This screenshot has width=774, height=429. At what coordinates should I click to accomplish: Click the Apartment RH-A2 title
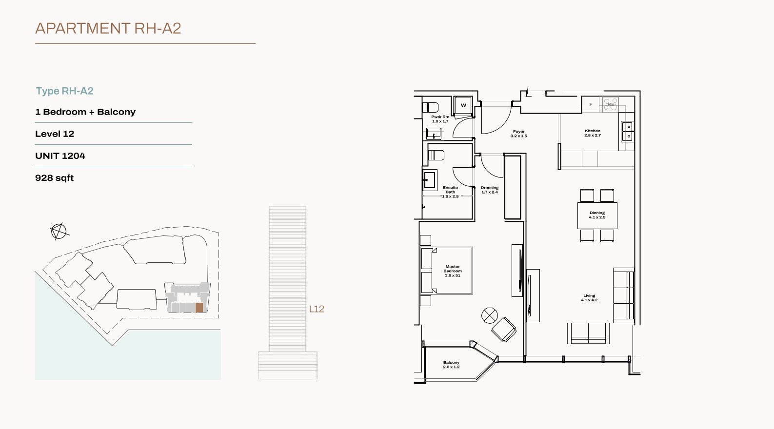pos(108,28)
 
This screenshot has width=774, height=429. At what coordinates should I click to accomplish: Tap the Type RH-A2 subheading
pos(64,91)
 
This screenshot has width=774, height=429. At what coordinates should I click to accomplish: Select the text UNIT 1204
pos(60,156)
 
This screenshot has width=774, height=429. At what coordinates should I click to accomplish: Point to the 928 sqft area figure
pos(54,178)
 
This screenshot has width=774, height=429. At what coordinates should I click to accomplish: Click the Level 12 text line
pos(55,134)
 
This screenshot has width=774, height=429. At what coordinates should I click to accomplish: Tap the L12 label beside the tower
pos(317,309)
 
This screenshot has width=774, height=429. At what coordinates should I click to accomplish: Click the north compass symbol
pos(59,231)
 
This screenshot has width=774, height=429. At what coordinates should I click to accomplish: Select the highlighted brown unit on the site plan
pos(199,308)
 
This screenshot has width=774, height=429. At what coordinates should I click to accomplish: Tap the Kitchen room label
pos(593,133)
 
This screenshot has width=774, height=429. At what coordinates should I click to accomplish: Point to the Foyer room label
pos(518,134)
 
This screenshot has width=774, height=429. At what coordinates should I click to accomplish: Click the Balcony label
pos(451,365)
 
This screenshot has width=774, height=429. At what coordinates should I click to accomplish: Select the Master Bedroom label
pos(452,271)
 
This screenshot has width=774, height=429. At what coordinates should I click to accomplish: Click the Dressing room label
pos(490,190)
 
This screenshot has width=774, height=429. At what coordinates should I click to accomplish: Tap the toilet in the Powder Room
pos(430,107)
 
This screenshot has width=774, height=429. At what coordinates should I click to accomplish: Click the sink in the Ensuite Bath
pos(430,180)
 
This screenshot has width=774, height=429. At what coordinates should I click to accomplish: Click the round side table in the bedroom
pos(490,315)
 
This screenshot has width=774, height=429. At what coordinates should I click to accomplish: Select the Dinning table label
pos(597,215)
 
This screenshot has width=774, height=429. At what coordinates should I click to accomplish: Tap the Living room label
pos(589,298)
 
